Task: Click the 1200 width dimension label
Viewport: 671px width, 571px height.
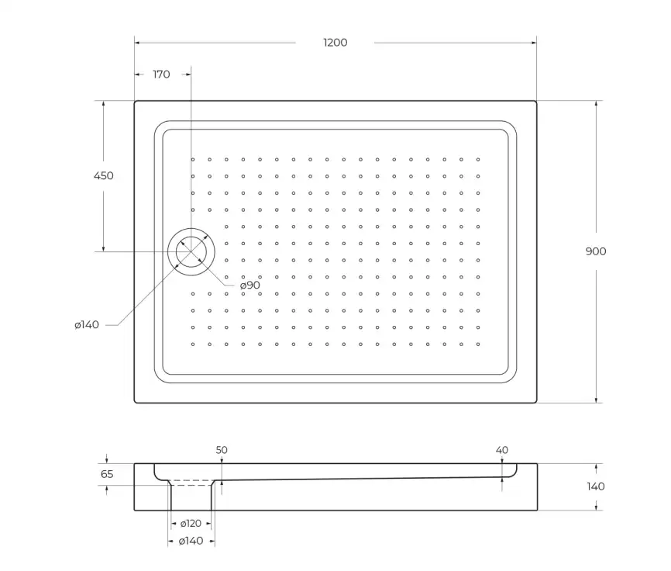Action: (x=335, y=43)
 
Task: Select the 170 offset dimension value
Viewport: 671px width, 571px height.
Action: (x=161, y=74)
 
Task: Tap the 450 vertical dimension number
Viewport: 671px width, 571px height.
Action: (x=103, y=176)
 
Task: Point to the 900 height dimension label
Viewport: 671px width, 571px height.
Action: (x=596, y=251)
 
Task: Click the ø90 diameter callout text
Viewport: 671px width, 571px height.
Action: (x=249, y=285)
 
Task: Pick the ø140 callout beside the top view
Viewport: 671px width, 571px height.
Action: (x=87, y=325)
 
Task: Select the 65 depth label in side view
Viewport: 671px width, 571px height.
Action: (x=107, y=474)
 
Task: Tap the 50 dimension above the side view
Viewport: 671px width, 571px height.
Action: (x=222, y=450)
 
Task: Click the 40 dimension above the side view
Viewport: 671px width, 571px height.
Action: (x=501, y=450)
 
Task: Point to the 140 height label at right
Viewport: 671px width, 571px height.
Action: (x=596, y=486)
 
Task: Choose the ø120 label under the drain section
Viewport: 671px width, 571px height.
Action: (x=191, y=524)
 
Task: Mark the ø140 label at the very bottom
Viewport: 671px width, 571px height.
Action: (x=191, y=541)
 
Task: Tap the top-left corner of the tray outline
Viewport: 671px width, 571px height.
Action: (x=135, y=101)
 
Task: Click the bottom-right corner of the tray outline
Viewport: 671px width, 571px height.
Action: (x=536, y=403)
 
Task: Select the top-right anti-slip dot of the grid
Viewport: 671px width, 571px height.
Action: (x=478, y=160)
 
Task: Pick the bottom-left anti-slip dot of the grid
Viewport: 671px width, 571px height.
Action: (x=193, y=344)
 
